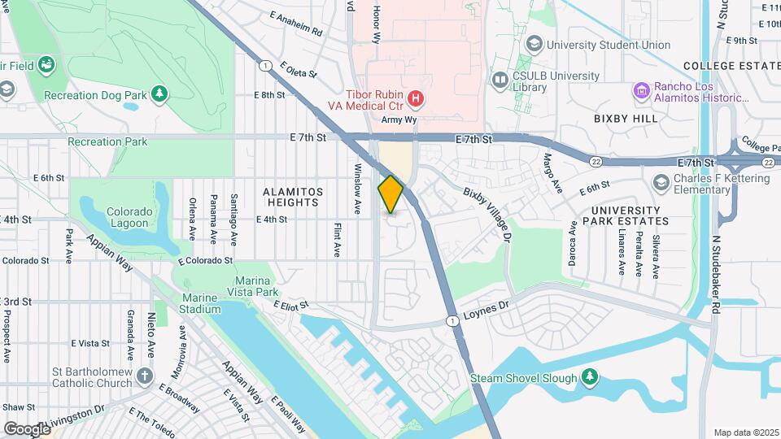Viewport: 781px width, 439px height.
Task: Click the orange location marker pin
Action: [x=390, y=194]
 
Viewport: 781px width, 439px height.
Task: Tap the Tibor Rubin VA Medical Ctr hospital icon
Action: [x=416, y=99]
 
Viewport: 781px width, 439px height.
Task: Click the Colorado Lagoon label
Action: [x=129, y=217]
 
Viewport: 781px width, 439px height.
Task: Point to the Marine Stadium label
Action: [x=200, y=303]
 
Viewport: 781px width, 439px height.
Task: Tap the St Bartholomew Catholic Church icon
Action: [x=145, y=376]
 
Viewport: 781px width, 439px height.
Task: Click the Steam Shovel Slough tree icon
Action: [x=591, y=378]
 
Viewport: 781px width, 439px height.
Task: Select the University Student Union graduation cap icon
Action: [x=534, y=45]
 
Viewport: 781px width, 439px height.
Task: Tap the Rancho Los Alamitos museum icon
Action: [x=642, y=90]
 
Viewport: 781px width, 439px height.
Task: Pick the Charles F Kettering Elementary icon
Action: [x=661, y=180]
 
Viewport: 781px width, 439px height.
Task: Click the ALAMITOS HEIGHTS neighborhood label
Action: [x=293, y=197]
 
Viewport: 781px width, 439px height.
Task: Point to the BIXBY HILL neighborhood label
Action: [x=626, y=119]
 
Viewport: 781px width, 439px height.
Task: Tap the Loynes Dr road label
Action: [x=486, y=308]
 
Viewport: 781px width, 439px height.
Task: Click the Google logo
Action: [x=28, y=428]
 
